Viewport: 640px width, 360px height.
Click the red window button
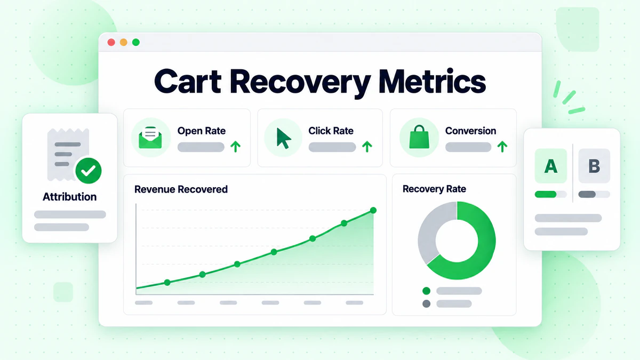[111, 42]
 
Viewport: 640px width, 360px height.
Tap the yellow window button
[123, 42]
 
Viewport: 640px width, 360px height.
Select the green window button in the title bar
[136, 42]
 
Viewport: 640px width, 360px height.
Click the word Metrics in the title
[431, 82]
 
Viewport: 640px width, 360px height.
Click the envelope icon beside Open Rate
[150, 138]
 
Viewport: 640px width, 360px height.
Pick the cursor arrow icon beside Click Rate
[284, 138]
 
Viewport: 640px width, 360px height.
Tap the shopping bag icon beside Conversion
[419, 137]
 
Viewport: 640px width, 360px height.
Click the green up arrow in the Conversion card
[502, 147]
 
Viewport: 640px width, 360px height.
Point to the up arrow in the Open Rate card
[236, 147]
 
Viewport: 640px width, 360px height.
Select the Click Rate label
[331, 131]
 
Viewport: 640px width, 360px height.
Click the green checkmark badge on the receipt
[89, 171]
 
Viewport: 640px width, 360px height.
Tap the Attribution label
[70, 197]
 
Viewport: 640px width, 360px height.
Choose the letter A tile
[550, 166]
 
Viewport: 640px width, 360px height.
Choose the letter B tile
[594, 166]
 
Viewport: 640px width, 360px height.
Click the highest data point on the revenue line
[373, 211]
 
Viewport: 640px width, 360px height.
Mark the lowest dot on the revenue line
[167, 283]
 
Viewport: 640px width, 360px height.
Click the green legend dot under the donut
[426, 291]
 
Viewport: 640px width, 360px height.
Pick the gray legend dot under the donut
[426, 303]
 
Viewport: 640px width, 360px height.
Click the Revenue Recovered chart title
[181, 189]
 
